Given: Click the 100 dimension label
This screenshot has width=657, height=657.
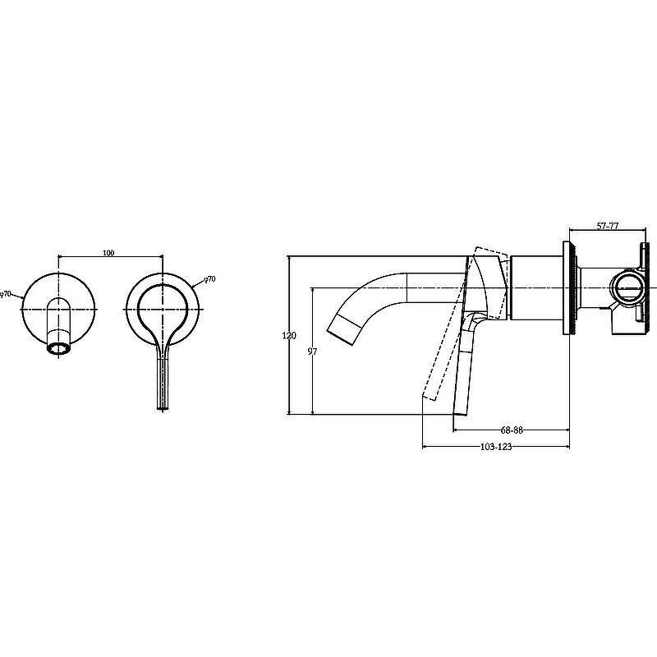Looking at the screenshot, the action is pos(108,253).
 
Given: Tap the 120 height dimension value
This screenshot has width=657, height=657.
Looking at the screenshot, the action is pos(289,335).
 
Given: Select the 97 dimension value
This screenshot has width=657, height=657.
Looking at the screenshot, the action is pos(312,351).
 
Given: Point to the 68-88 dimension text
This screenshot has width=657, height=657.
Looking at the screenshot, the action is pos(512,430).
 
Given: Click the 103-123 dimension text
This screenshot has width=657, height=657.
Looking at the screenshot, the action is pos(496,447).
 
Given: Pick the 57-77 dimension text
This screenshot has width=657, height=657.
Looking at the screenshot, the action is pos(608,226).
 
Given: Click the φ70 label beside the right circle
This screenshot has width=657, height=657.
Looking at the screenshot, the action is pos(209,278).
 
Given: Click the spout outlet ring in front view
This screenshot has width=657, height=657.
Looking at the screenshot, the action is pos(58,348).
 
